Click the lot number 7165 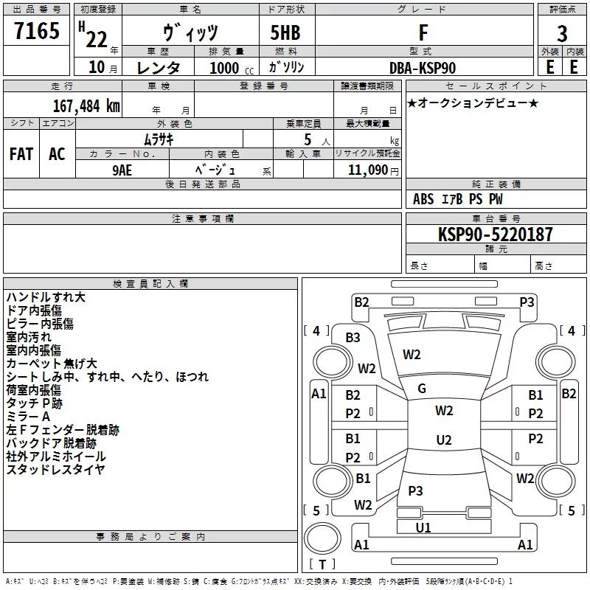[x=37, y=32]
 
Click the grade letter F [x=423, y=33]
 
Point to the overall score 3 [x=562, y=33]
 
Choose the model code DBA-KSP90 [x=423, y=68]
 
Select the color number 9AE [x=122, y=169]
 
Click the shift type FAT [x=21, y=153]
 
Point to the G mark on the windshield [x=422, y=389]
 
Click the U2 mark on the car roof [x=443, y=440]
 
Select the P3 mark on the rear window [x=415, y=490]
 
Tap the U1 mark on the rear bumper [x=423, y=528]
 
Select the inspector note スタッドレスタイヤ [x=55, y=469]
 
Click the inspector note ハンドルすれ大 [x=46, y=296]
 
